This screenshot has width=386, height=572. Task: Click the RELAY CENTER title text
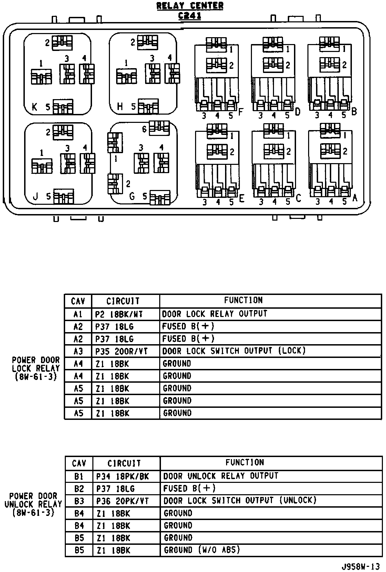pos(190,6)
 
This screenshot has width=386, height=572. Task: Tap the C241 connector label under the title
pos(190,16)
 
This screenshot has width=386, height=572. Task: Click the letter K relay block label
pos(34,107)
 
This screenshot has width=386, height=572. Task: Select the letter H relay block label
pos(120,107)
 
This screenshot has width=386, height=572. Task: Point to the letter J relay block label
pos(35,197)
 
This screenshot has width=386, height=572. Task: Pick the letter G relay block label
pos(132,197)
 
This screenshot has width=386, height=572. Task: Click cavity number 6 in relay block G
pos(144,129)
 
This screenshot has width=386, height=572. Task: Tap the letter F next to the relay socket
pos(241,112)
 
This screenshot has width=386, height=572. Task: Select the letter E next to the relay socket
pos(241,199)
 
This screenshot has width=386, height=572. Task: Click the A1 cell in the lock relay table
pos(78,314)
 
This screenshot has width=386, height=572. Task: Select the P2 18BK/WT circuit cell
pos(119,314)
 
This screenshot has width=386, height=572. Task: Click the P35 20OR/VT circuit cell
pos(121,351)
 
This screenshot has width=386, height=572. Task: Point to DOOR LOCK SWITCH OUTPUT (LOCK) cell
pos(234,351)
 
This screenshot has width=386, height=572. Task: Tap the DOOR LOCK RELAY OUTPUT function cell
pos(215,314)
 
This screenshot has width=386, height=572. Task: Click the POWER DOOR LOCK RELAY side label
pos(36,368)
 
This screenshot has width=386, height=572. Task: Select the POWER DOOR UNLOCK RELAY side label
pos(33,505)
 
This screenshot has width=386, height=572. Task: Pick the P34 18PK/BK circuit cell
pos(122,476)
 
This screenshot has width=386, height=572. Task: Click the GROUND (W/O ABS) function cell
pos(202,550)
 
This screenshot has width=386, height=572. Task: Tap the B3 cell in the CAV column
pos(79,501)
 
